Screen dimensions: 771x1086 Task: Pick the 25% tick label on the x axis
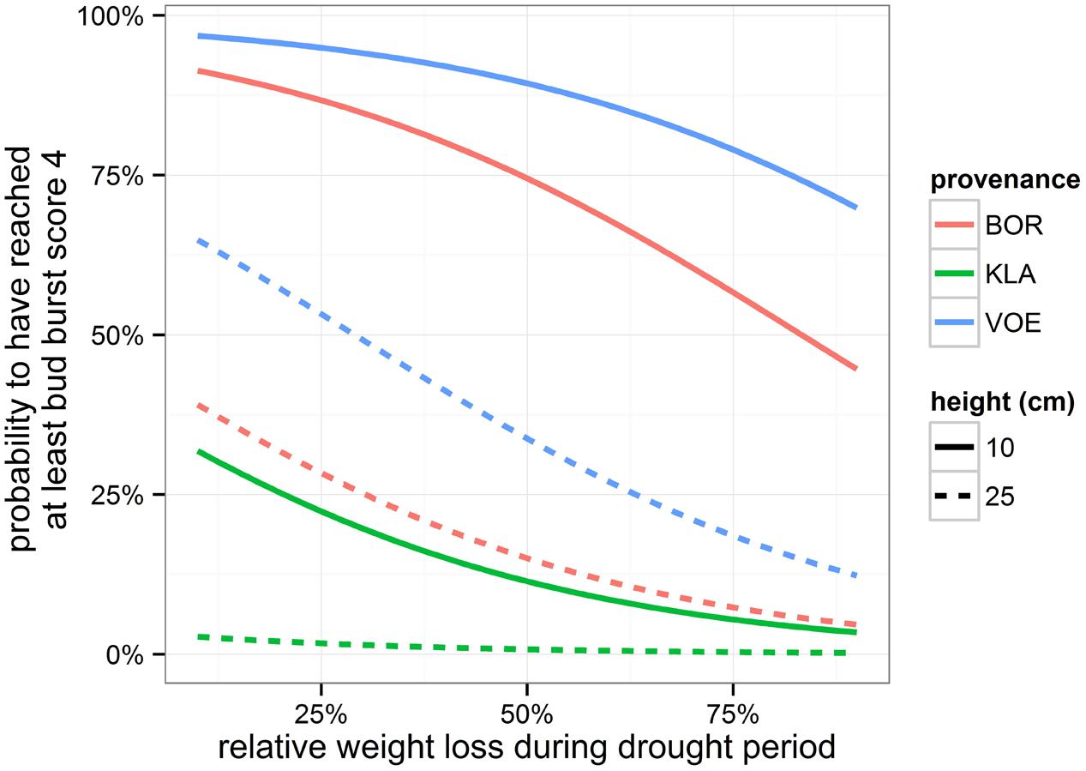tap(321, 714)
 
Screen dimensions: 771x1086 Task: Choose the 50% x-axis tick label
tap(526, 714)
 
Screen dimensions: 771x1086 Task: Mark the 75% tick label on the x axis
tap(733, 714)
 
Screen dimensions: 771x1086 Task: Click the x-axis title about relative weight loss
tap(526, 746)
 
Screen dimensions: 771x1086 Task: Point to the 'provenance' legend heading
tap(1005, 180)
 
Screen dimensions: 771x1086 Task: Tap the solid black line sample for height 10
tap(953, 448)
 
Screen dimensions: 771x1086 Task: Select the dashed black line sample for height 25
tap(953, 497)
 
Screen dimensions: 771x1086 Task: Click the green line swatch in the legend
tap(953, 274)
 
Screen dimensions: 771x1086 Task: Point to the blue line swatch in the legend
tap(953, 323)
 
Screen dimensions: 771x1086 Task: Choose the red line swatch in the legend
tap(953, 226)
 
